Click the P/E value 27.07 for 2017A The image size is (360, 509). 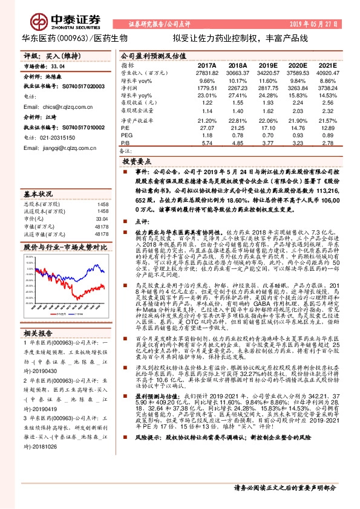click(208, 128)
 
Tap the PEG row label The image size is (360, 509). click(126, 136)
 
